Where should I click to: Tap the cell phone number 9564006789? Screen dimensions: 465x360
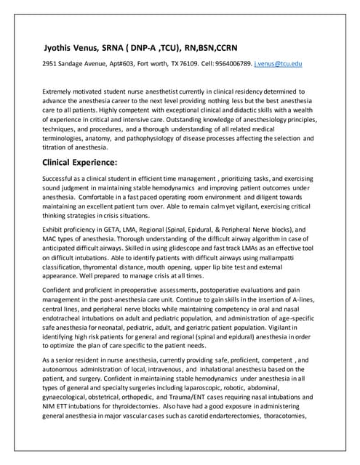(x=231, y=65)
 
